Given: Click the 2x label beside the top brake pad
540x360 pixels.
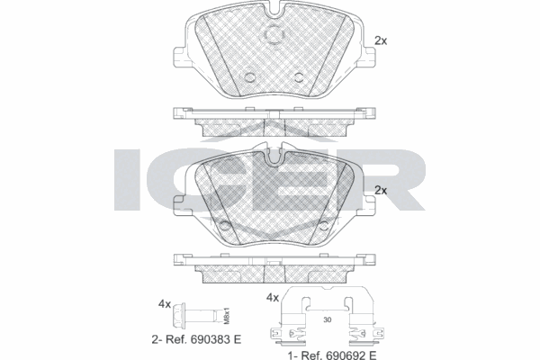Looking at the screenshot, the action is [381, 40].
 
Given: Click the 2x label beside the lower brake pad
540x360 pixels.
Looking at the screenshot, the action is [381, 190].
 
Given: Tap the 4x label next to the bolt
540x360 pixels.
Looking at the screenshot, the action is [165, 304].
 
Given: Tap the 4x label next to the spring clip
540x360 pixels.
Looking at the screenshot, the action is [273, 298].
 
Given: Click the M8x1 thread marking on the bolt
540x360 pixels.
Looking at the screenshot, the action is [226, 316].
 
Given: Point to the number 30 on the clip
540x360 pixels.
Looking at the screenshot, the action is [328, 320].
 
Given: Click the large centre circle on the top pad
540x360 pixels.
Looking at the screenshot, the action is [274, 34].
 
